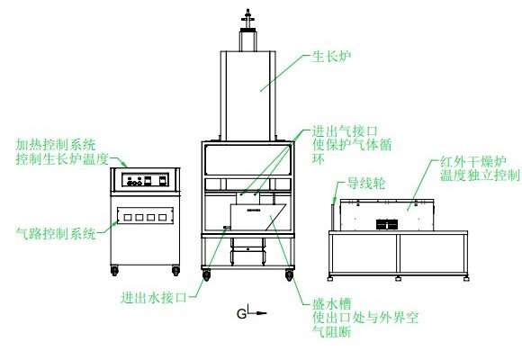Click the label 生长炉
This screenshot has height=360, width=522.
point(331,57)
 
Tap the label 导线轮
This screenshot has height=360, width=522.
point(366,184)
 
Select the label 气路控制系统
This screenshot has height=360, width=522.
point(56,233)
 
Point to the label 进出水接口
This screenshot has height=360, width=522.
point(154,297)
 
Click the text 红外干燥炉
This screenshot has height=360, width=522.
point(473,161)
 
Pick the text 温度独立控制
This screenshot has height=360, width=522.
point(480,175)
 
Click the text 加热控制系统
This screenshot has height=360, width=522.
point(56,145)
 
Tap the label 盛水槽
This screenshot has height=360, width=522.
point(331,303)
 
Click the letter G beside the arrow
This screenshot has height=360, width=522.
point(241,314)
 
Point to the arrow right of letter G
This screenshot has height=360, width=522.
point(257,312)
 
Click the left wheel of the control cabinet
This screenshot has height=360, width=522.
point(114,270)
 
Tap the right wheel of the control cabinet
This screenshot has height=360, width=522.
point(175,270)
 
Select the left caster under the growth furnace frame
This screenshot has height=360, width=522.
point(206,275)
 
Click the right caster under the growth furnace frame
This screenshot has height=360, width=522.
point(289,275)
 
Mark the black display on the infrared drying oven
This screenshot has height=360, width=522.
point(387,224)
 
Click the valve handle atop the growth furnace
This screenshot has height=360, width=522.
point(248,19)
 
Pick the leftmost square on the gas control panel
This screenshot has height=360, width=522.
point(127,218)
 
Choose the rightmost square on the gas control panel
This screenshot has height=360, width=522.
point(163,218)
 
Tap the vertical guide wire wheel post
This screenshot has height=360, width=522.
point(333,217)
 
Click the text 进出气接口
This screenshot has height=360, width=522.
point(345,131)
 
